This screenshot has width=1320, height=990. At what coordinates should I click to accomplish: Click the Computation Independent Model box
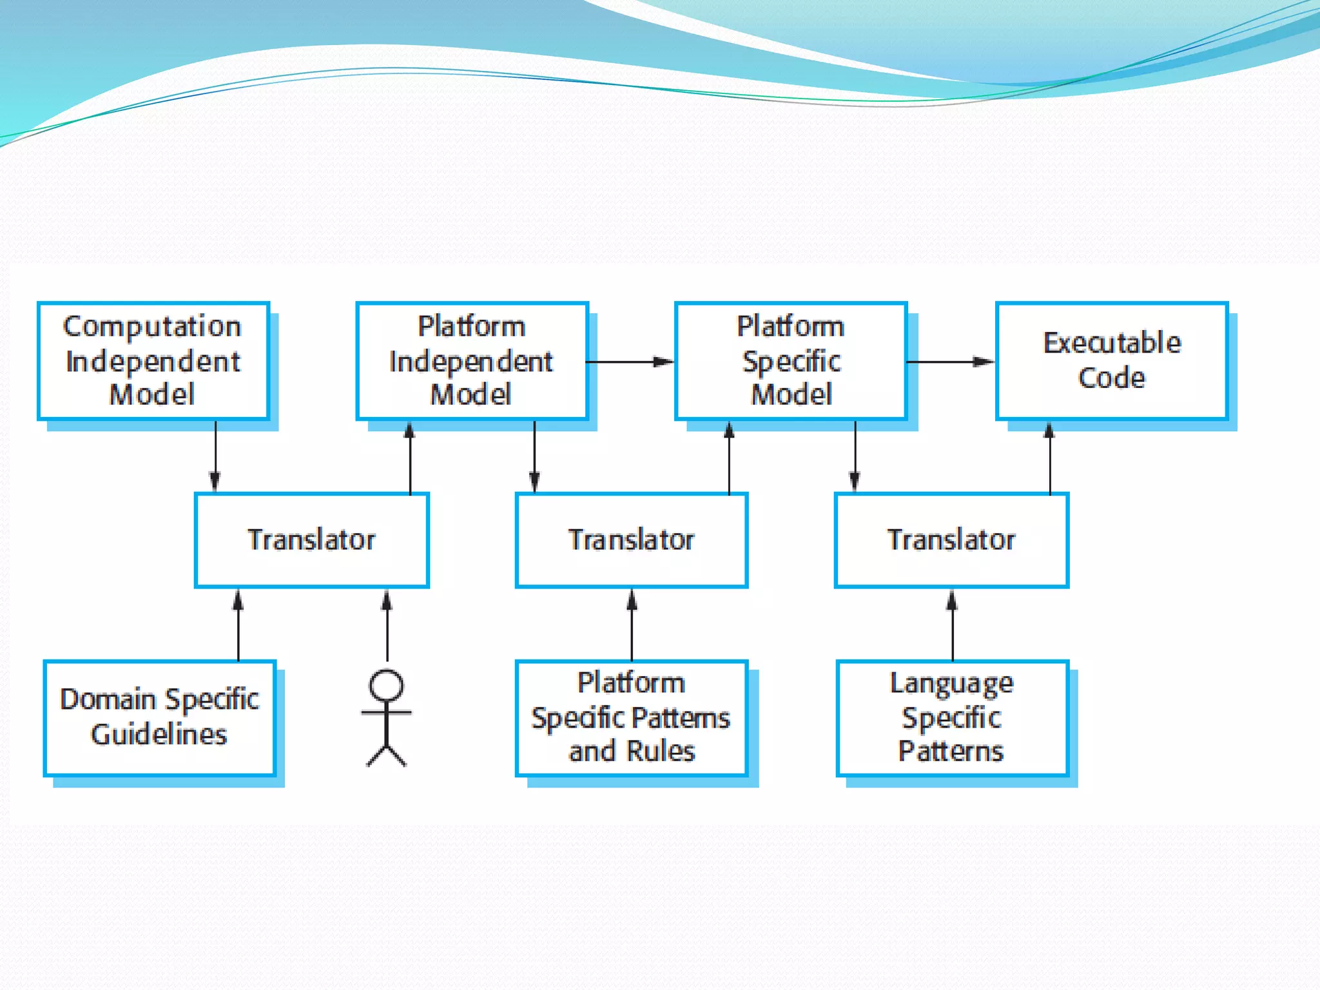coord(153,361)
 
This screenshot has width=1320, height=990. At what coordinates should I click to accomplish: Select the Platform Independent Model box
coord(472,361)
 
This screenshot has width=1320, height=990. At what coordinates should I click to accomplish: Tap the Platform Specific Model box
coord(791,361)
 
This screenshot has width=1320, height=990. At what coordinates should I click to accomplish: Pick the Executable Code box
coord(1112,361)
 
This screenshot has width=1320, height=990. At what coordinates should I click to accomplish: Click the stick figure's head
coord(386,685)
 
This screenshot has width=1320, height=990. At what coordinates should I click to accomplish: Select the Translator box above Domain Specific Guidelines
coord(312,540)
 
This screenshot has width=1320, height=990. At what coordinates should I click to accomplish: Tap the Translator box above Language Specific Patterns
coord(951,540)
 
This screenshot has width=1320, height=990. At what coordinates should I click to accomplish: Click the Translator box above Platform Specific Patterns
coord(632,540)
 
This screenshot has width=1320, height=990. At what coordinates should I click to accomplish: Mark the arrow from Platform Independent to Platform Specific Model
coord(630,362)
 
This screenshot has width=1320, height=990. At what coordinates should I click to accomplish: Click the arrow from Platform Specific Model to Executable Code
coord(950,362)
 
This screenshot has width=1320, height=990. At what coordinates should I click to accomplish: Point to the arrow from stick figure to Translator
coord(387,625)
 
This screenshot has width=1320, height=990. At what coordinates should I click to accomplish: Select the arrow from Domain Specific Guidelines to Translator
coord(238,625)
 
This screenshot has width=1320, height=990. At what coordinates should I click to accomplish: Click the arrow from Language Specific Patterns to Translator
coord(952,625)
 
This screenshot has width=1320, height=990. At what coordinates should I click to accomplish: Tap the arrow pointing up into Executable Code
coord(1050,458)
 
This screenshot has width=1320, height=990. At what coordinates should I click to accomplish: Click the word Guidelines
coord(159,735)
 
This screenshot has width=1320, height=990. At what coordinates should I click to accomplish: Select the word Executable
coord(1112,343)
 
